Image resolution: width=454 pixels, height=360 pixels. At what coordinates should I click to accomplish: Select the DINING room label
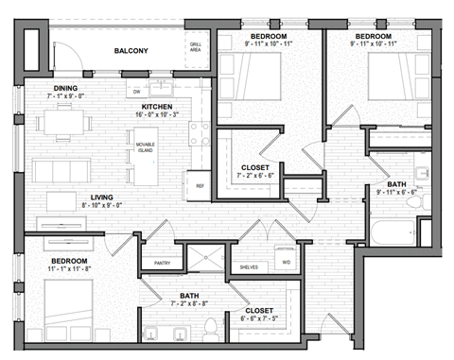coord(65,88)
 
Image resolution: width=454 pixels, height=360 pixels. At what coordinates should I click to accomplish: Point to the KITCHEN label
coord(157,107)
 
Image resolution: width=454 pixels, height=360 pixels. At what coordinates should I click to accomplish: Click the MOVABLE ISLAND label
coord(146,146)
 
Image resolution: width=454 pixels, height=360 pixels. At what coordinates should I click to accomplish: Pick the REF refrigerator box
coord(200,186)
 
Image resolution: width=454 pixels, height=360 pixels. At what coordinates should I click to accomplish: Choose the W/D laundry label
coord(285,262)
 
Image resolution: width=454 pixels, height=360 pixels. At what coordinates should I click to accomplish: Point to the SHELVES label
coord(248,268)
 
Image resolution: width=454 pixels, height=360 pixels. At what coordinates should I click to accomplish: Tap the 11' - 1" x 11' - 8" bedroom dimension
coord(69,270)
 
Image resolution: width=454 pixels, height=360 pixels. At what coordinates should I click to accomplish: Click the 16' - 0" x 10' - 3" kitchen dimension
coord(157,115)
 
